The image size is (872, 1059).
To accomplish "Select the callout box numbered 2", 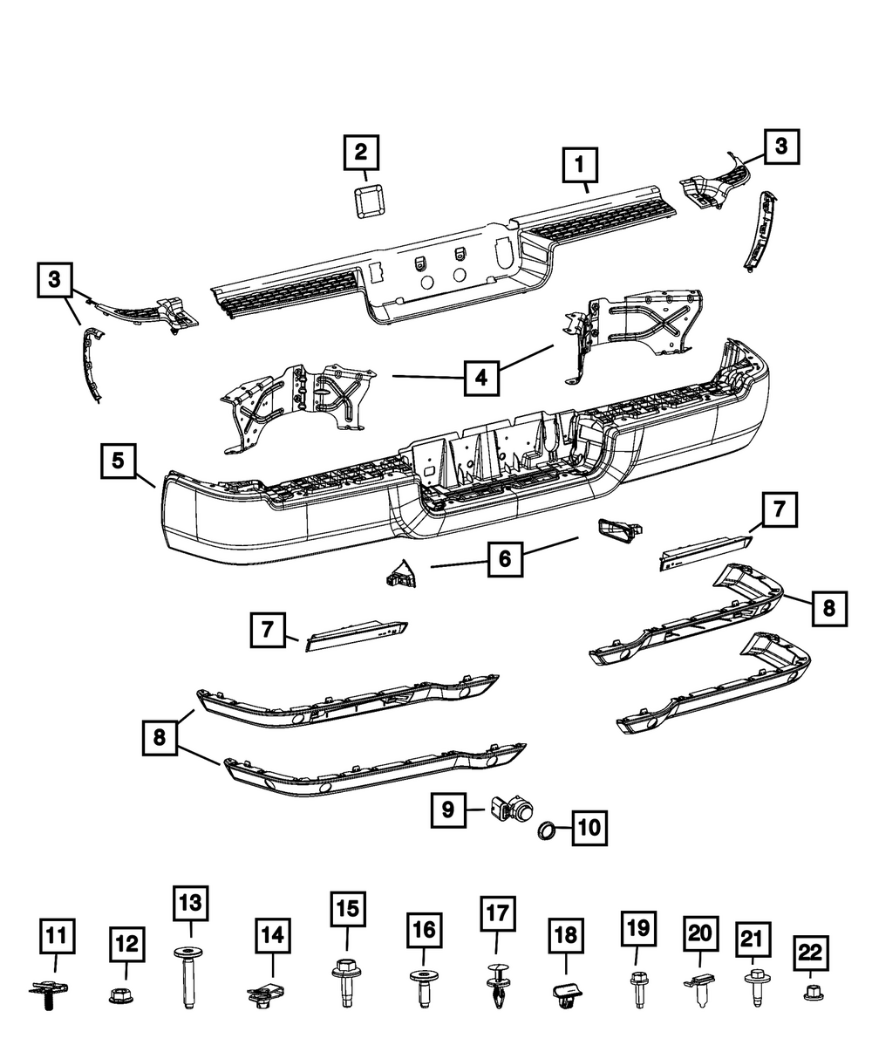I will coord(360,154).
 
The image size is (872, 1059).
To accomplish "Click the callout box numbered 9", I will coord(447,810).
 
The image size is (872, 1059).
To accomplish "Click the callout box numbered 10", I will coord(589,825).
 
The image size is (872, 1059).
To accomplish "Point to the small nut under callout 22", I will coord(811,991).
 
